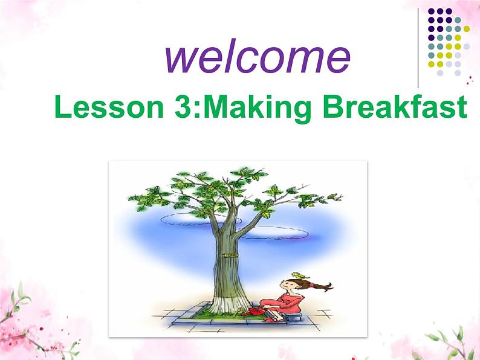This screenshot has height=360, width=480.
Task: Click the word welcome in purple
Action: tap(257, 57)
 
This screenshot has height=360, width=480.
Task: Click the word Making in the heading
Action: tap(256, 109)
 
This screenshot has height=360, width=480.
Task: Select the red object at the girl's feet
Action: tap(250, 312)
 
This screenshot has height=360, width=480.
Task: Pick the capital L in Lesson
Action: tap(62, 109)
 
